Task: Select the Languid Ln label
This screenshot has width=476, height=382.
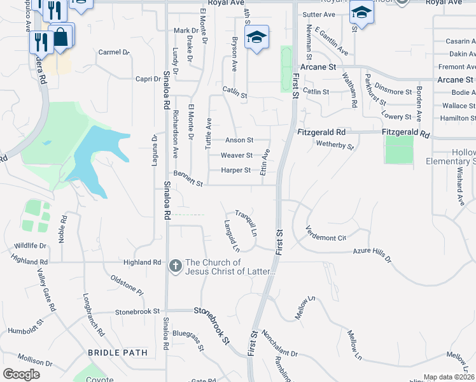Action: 231,234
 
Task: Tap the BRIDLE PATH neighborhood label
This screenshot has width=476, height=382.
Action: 118,352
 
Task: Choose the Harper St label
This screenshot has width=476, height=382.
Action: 236,170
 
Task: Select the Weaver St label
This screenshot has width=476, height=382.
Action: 236,155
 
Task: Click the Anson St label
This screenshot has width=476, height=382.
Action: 239,140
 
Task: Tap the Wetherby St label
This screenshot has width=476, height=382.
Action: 335,145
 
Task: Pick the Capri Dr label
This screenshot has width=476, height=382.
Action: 148,79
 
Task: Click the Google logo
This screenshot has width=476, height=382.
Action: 22,374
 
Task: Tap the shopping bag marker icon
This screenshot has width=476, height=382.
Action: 60,36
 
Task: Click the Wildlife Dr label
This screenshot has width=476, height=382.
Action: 29,245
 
